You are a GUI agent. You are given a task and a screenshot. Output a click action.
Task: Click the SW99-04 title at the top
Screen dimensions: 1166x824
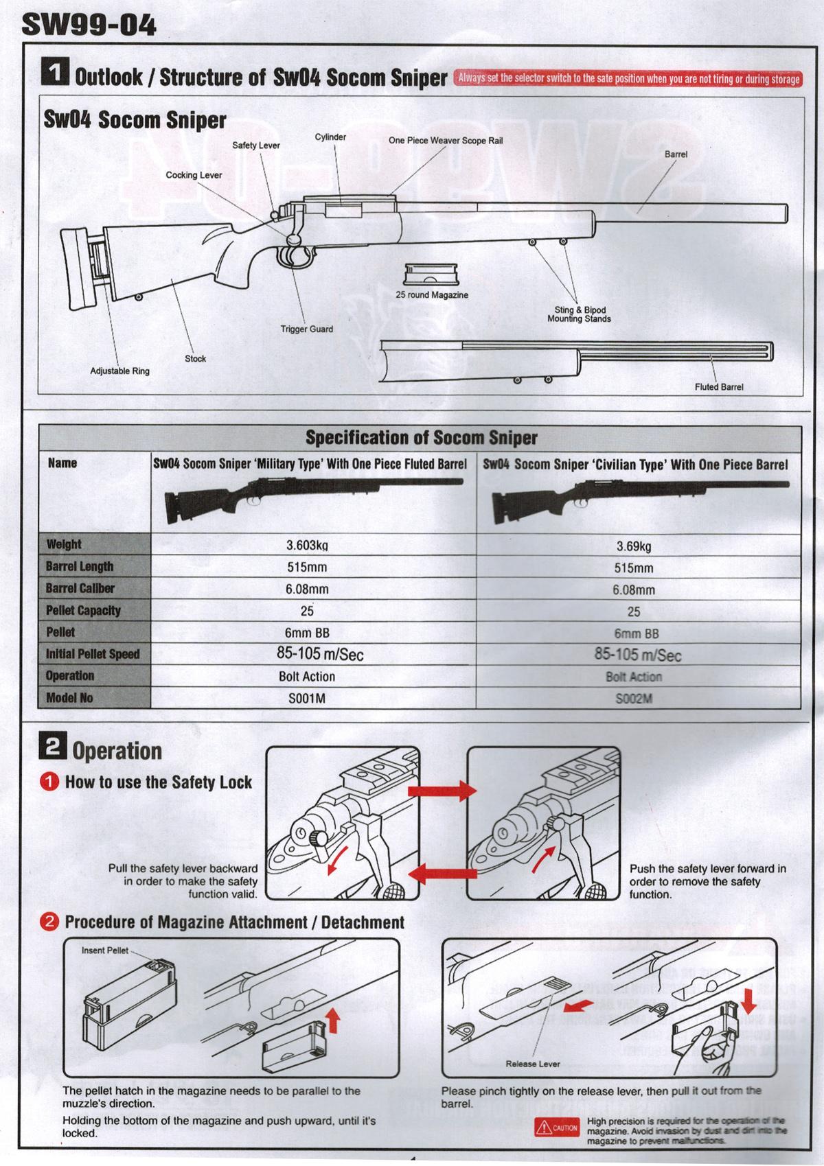[90, 25]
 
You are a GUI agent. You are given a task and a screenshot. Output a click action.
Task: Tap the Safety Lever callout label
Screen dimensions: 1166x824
[255, 145]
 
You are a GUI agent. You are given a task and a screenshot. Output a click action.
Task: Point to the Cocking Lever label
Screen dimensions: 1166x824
[194, 175]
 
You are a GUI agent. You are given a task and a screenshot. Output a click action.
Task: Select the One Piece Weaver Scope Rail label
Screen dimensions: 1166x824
[446, 141]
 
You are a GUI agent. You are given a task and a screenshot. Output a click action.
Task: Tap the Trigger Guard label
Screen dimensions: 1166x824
[306, 329]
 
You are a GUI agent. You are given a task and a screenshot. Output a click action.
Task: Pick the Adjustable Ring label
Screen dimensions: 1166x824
[120, 371]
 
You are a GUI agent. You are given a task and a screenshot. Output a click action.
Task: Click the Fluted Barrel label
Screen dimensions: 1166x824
[718, 387]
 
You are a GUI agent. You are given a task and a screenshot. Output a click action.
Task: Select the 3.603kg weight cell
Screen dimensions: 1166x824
[307, 546]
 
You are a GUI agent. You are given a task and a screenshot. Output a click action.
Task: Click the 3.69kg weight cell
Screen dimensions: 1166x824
[633, 547]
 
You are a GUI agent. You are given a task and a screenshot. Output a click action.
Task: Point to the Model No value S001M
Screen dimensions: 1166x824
[307, 698]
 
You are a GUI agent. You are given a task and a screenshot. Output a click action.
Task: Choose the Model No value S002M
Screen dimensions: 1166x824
[633, 698]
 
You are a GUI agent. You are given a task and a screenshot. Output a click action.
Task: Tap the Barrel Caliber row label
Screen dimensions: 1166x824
[80, 589]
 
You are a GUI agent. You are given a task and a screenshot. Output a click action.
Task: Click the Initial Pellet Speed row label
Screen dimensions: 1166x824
[93, 654]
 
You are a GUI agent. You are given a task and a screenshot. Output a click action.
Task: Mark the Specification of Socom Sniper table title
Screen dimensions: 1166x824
[421, 438]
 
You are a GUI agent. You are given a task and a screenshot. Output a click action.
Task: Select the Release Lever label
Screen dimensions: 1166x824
[533, 1064]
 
